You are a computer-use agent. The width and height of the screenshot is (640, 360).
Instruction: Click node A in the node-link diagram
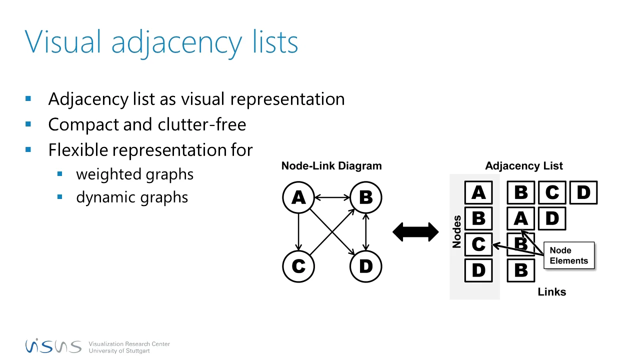298,197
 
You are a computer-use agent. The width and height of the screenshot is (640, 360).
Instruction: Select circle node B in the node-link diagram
365,197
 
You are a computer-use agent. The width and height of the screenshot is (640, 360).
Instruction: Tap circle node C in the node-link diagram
298,266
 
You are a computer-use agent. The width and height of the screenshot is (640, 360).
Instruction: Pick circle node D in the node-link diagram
365,266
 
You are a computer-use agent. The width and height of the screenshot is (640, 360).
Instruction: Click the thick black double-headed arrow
415,232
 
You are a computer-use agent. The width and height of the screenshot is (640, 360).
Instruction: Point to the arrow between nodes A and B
331,197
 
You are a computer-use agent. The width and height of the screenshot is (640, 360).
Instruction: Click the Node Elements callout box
569,255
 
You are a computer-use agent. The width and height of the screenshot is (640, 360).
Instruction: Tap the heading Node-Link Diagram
331,166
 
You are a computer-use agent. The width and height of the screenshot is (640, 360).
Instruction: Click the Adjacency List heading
523,166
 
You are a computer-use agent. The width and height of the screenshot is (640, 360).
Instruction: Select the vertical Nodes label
456,231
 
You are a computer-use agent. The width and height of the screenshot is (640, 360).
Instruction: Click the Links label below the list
551,292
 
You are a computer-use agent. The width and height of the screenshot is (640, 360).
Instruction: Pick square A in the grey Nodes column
478,192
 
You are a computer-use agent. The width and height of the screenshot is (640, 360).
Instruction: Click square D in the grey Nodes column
478,270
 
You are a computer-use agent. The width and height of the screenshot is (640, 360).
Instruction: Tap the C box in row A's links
552,192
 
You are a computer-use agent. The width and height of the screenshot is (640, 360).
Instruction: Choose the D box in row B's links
552,218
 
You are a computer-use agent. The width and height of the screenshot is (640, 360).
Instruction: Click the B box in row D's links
520,270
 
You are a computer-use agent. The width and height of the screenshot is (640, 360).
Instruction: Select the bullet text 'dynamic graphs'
132,197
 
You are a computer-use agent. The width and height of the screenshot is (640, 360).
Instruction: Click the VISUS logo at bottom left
53,345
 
